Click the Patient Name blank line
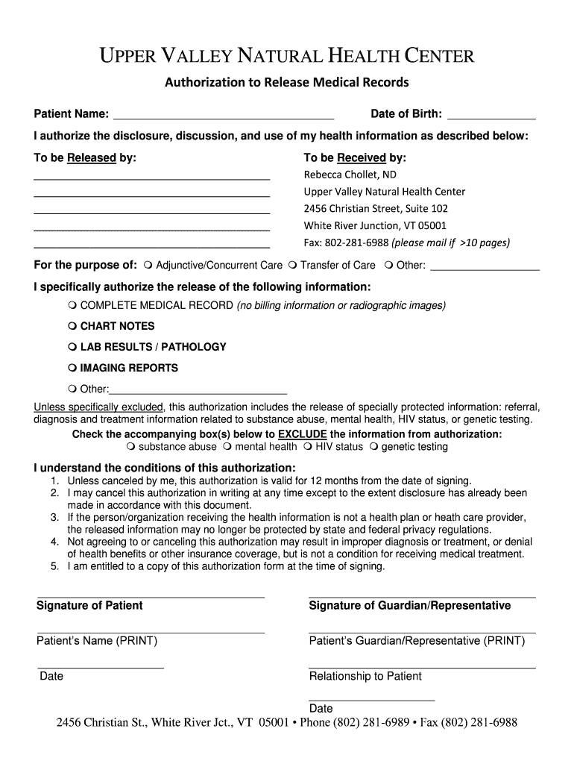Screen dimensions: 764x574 [222, 117]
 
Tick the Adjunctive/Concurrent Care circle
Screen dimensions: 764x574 [149, 265]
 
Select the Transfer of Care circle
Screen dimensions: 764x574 [293, 265]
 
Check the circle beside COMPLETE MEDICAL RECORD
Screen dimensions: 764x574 [72, 306]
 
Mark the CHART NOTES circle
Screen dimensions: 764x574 [72, 326]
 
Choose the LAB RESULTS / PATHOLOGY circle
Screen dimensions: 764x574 [72, 347]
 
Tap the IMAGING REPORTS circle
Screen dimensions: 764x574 [72, 368]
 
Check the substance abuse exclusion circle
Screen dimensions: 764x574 [131, 447]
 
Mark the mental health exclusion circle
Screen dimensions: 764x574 [228, 447]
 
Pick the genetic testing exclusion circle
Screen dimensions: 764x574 [374, 447]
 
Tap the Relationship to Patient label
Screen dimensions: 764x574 [365, 676]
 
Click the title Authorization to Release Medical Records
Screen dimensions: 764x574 [287, 82]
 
